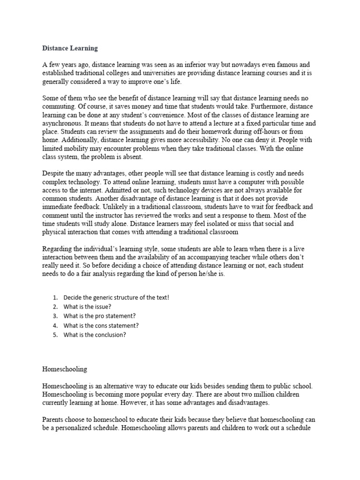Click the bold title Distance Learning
(x=70, y=48)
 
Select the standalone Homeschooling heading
(x=65, y=369)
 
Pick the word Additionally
(x=82, y=141)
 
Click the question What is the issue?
(x=87, y=307)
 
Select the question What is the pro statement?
(x=99, y=316)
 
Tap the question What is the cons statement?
(x=101, y=325)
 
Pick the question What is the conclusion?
(x=95, y=335)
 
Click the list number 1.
(x=55, y=297)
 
